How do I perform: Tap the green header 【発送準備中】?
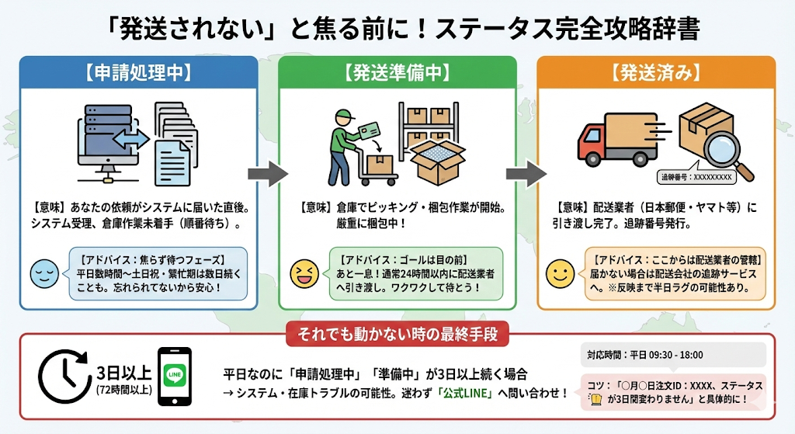tap(397, 73)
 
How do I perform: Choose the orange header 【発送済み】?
tap(656, 73)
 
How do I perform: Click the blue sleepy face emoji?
tap(44, 273)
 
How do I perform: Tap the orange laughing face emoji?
tap(303, 273)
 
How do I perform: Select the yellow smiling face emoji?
tap(561, 273)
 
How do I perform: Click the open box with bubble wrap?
tap(437, 160)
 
